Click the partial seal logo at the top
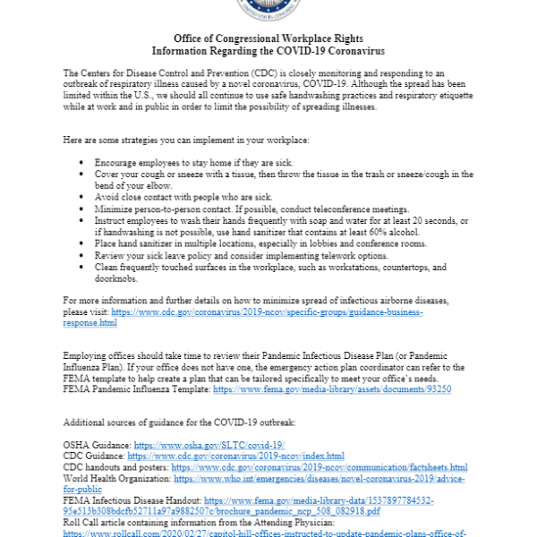[x=269, y=11]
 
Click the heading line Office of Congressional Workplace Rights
[x=269, y=39]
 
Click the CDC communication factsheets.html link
[x=320, y=467]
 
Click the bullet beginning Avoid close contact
[x=183, y=197]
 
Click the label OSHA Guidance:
[x=96, y=445]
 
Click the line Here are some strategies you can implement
[x=186, y=141]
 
